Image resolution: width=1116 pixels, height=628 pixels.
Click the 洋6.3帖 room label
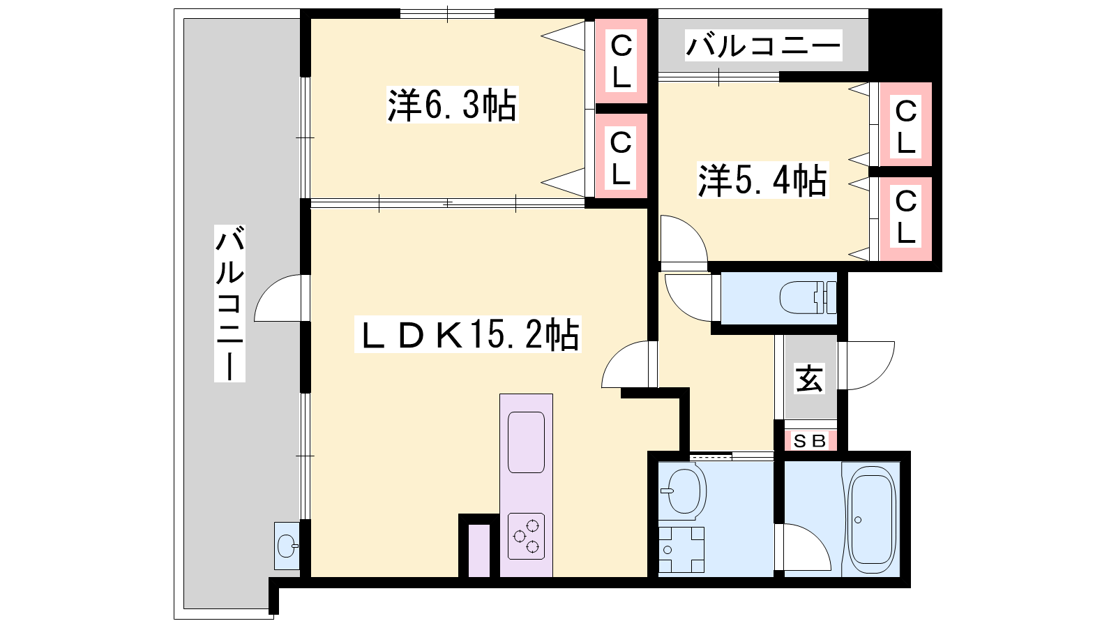tap(453, 105)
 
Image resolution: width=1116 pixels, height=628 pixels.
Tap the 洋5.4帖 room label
tap(762, 180)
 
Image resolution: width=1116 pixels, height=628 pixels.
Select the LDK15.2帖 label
tap(467, 334)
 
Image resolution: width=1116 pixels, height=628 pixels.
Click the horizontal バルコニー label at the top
tap(763, 46)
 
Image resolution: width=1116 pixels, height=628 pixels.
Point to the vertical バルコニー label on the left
tap(229, 304)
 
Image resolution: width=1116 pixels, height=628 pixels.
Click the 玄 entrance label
tap(810, 378)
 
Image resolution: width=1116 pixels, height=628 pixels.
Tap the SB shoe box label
tap(810, 440)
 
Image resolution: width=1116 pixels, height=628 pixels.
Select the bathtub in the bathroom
tap(871, 519)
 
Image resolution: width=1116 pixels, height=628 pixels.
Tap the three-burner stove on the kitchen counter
tap(526, 536)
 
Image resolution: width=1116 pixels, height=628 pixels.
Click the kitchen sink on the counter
tap(526, 442)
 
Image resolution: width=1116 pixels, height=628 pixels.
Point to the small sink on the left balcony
tap(287, 546)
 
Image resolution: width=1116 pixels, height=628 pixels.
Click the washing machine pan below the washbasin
tap(681, 550)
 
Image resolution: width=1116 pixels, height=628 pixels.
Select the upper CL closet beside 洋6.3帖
tap(621, 61)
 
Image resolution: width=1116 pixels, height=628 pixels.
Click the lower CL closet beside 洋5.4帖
tap(906, 218)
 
